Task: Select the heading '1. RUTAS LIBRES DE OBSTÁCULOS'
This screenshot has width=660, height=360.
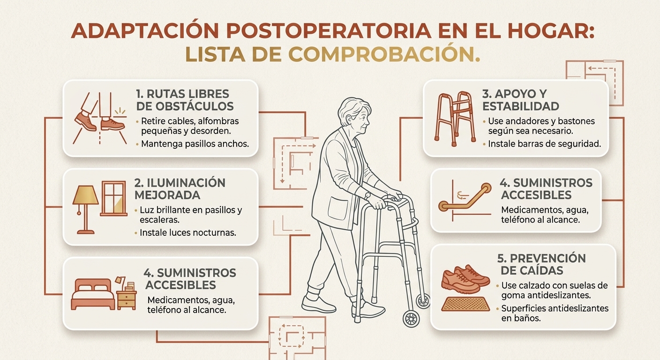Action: [x=185, y=100]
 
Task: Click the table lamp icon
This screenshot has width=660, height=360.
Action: [x=85, y=210]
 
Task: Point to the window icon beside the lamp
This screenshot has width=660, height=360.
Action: [x=114, y=198]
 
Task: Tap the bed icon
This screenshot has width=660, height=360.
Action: [x=93, y=294]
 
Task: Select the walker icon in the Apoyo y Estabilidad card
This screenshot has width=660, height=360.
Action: [x=455, y=119]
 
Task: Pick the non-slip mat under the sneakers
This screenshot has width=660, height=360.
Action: [x=465, y=304]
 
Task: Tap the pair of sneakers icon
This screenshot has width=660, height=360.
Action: [x=465, y=279]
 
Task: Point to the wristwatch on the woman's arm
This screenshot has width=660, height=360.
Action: [x=367, y=195]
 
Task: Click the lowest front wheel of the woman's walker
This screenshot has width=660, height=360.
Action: [x=411, y=319]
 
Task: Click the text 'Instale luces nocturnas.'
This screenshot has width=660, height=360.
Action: [x=187, y=232]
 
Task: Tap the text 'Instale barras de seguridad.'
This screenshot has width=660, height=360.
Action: [x=545, y=144]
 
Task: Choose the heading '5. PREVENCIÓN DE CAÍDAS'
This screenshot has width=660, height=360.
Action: [x=541, y=264]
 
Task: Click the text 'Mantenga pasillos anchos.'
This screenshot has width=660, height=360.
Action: [x=195, y=144]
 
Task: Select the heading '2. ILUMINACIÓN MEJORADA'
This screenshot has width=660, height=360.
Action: [x=180, y=189]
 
